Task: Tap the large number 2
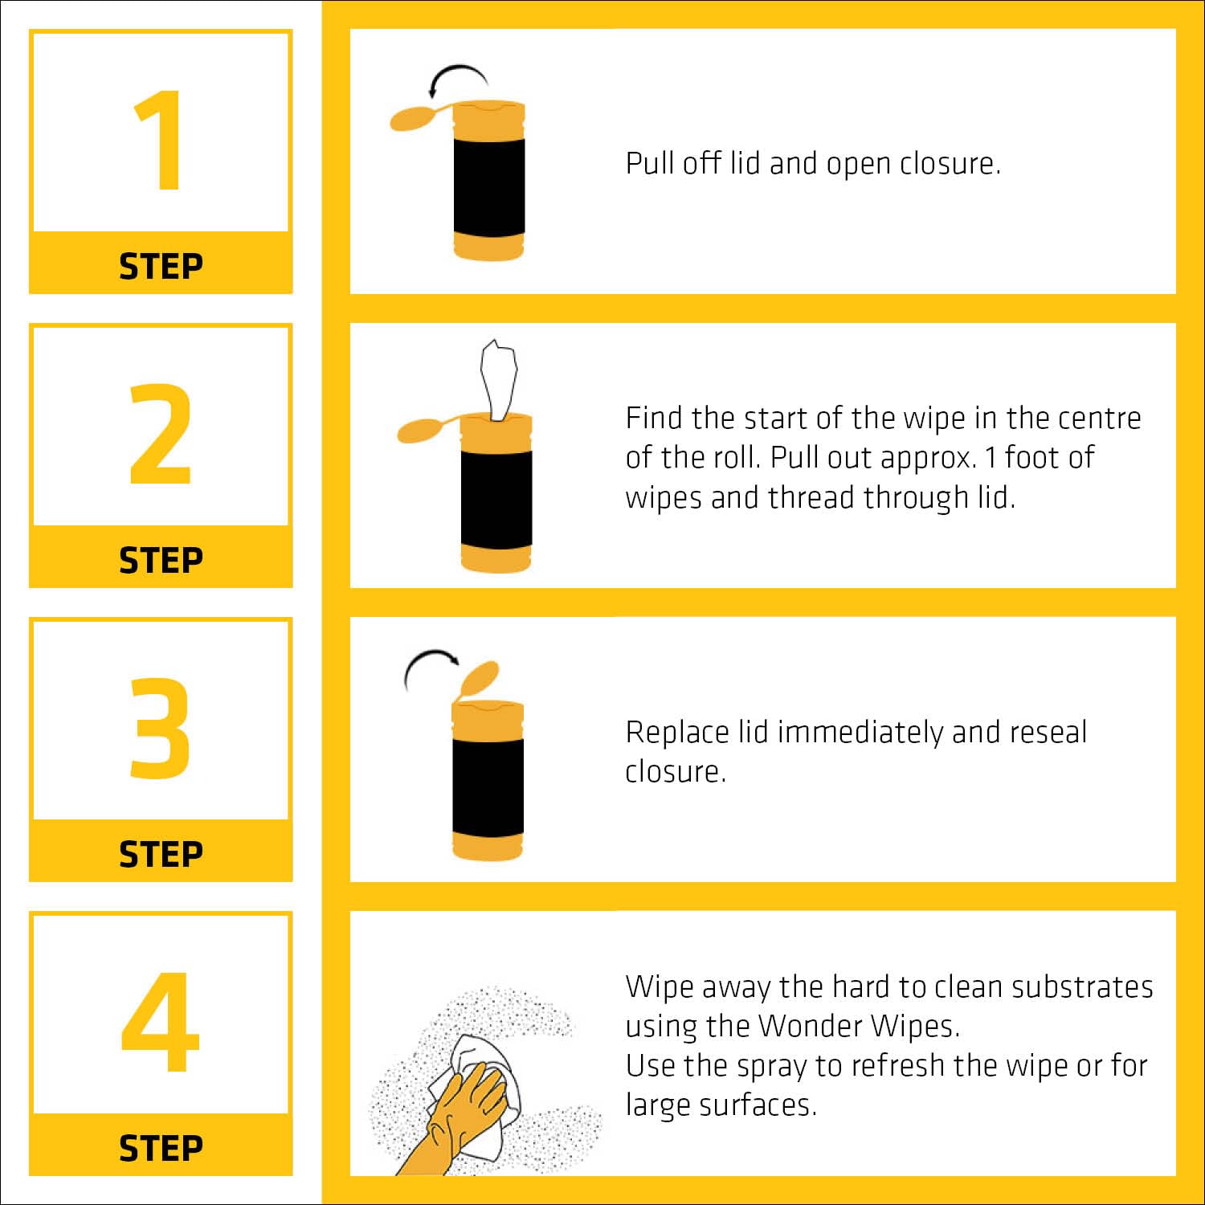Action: tap(161, 434)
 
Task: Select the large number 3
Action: tap(161, 728)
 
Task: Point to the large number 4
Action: tap(160, 1022)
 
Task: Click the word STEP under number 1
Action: tap(161, 267)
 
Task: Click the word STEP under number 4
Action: tap(161, 1149)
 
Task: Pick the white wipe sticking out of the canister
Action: tap(499, 378)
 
